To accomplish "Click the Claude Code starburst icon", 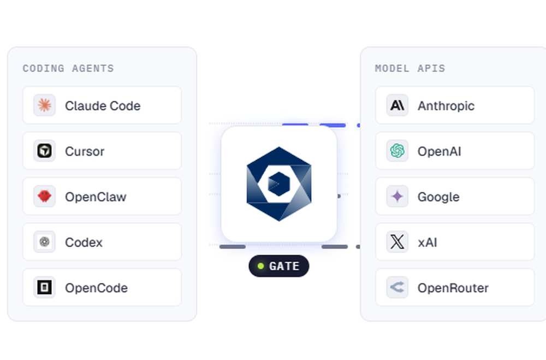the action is point(44,105).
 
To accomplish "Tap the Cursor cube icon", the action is point(44,151).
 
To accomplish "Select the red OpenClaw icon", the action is point(44,196).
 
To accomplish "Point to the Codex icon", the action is point(44,241).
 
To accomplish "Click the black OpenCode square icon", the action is point(44,287).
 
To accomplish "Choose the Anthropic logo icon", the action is point(397,105).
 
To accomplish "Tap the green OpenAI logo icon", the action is point(397,151).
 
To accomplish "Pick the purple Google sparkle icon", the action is point(397,196).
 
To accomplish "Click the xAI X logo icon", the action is point(397,241).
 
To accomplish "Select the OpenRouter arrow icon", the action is point(397,287).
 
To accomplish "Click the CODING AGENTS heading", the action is point(68,68).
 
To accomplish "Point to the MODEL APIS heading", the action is point(410,68).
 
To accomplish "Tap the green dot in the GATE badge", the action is point(260,266).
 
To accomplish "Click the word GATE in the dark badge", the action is point(284,266).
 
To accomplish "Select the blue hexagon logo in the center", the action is point(279,184).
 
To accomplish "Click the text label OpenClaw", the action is point(96,197).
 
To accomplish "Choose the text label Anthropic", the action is point(446,106).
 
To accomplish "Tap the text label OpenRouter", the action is point(453,288).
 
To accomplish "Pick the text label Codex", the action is point(84,242).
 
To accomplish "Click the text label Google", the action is point(438,197).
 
